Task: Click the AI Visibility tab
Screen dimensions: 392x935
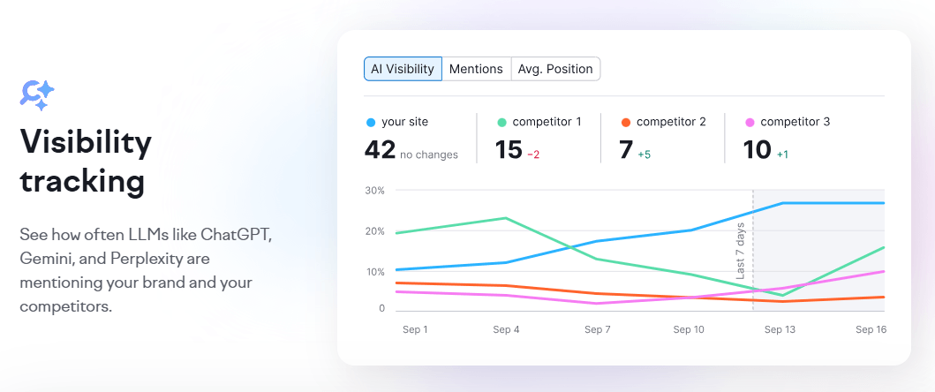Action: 403,69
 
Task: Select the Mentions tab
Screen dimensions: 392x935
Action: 476,69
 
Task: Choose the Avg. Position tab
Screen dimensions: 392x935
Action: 555,69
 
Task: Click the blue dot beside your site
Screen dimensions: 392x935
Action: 370,123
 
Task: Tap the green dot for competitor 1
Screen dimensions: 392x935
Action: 502,123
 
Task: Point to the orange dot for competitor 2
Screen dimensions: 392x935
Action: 626,123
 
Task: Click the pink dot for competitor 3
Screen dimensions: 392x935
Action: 750,123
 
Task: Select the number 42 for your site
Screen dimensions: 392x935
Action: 380,150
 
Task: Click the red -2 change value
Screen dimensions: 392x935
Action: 533,155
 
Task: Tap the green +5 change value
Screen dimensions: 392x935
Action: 645,155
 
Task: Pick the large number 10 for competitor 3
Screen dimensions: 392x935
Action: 758,150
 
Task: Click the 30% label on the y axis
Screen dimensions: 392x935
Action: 374,191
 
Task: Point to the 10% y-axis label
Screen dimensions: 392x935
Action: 374,271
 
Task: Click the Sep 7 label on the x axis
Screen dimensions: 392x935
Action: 598,329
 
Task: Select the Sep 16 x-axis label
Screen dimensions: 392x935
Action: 871,329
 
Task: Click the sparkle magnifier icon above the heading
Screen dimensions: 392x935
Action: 37,94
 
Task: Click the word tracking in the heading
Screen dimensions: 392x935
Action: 82,181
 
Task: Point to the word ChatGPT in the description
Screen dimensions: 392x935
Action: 236,236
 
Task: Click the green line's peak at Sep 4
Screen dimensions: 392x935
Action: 505,218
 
